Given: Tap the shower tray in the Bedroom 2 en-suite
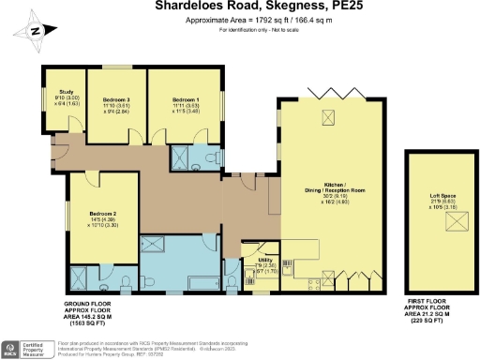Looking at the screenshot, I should (x=80, y=275).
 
